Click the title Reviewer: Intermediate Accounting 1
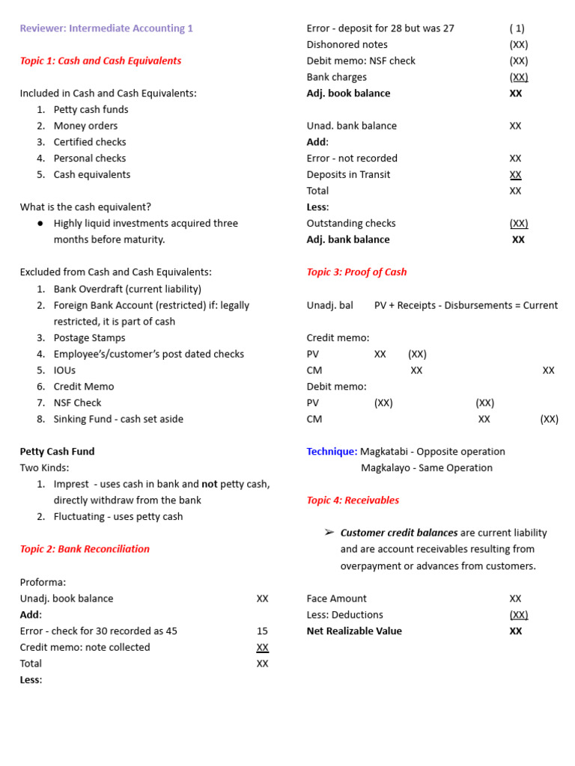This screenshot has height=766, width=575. click(106, 28)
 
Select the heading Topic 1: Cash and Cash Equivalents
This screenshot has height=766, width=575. click(100, 61)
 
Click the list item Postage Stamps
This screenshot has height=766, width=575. click(89, 337)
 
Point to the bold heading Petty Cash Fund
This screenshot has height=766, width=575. click(57, 452)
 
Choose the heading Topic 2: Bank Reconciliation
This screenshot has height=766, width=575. click(85, 549)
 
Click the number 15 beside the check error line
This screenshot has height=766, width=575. click(262, 631)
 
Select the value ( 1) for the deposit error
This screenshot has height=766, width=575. click(517, 28)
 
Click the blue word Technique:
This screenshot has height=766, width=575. click(332, 452)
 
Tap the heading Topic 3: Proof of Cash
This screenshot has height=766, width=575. click(356, 272)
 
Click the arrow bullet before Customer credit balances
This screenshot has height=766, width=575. click(329, 533)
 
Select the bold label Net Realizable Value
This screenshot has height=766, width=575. click(354, 631)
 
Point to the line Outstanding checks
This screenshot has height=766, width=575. click(351, 224)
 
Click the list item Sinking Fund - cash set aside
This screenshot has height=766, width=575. click(118, 419)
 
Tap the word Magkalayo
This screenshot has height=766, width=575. click(388, 468)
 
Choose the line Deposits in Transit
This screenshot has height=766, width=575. click(348, 174)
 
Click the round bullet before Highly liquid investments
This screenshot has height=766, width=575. click(40, 224)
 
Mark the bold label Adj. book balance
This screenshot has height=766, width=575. click(348, 94)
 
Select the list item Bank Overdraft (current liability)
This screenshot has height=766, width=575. click(127, 289)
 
